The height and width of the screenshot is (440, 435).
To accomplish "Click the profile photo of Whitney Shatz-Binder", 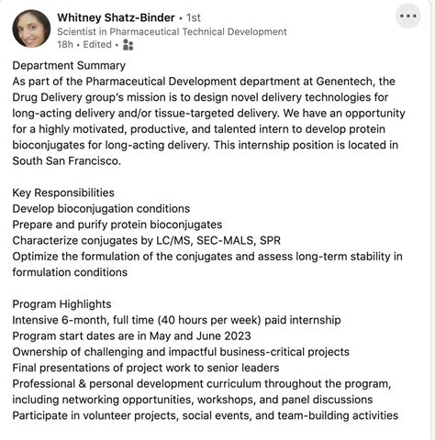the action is click(x=31, y=28).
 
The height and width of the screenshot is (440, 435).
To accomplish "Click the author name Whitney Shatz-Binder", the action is click(x=116, y=16).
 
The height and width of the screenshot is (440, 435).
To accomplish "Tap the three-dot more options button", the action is click(x=408, y=16).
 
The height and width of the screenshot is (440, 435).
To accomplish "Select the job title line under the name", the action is click(x=172, y=31).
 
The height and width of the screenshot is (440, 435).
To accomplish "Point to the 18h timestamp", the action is click(x=65, y=44).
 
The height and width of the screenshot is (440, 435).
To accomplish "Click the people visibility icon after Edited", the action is click(x=128, y=44).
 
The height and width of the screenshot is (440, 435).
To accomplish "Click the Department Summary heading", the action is click(x=69, y=65).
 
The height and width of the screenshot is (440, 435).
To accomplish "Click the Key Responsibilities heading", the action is click(x=63, y=192).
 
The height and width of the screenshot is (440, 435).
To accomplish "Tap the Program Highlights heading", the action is click(x=61, y=303).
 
